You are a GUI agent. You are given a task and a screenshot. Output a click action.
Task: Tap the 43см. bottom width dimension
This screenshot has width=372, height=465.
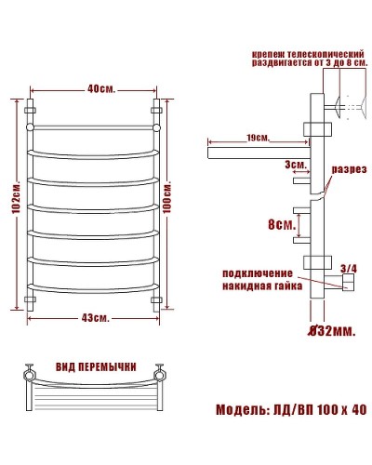point(94,318)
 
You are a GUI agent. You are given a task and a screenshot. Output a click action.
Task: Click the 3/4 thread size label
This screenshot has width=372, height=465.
point(349,269)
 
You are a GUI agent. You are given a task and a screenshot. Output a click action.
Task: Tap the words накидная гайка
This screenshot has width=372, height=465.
point(258,286)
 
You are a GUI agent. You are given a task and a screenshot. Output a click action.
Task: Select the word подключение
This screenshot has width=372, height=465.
point(258,272)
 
